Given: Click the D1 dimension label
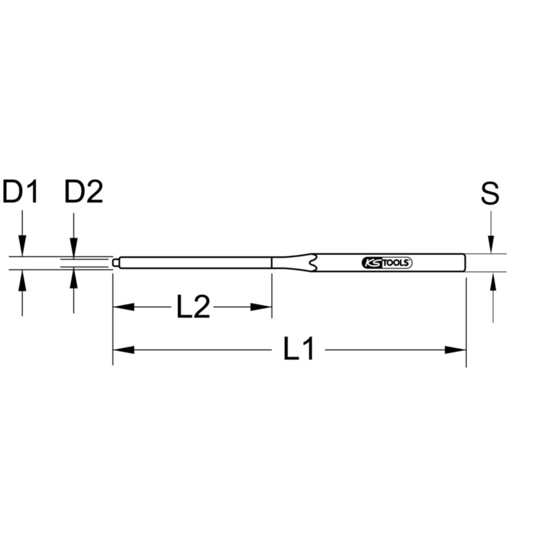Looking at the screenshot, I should pos(21,193).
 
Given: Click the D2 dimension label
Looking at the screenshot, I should pos(84,193).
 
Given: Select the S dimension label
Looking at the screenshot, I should pos(490,193).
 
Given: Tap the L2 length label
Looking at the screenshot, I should pos(193,307).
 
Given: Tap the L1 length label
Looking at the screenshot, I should pos(299,350).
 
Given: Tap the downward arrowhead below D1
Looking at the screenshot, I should pos(22,248).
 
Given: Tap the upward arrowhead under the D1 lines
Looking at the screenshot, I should pos(22,278).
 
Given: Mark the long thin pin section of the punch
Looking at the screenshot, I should pos(195,263).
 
